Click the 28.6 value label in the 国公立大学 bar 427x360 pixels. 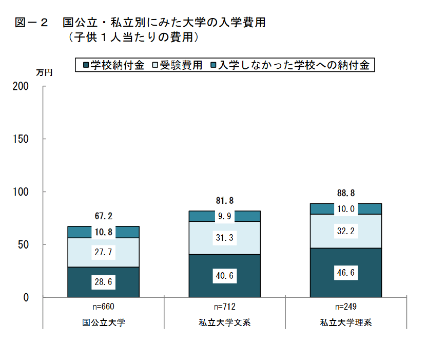[104, 282]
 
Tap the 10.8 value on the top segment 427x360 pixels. [104, 232]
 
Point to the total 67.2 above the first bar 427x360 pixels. [104, 216]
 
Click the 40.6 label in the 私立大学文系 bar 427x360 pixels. [225, 276]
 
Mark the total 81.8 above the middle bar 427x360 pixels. [225, 201]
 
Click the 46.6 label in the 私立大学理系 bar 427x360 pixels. [346, 273]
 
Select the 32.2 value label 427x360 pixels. [346, 232]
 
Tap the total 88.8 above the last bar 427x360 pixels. [346, 194]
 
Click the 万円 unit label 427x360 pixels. [44, 73]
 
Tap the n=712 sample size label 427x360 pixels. [225, 307]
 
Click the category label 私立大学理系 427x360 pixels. [346, 323]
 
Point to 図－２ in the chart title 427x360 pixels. [31, 23]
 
